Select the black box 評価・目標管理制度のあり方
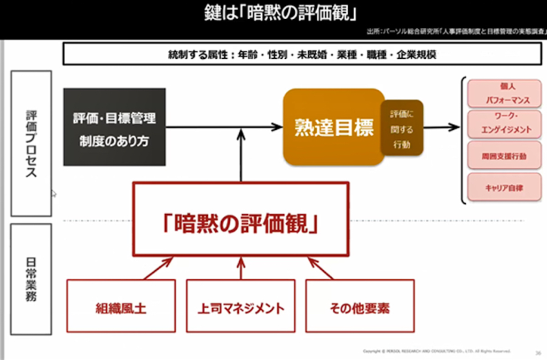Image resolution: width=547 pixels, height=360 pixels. pos(114,127)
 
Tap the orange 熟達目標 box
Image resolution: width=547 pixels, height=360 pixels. pos(334,127)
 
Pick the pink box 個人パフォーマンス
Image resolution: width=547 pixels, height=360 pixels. pos(500,92)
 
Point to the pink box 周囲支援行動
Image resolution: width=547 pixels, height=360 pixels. pos(500,156)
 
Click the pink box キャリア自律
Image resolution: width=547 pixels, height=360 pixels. pos(500,187)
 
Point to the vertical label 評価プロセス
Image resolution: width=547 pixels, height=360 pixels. pos(31,143)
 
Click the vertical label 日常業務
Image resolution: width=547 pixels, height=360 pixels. pos(31,279)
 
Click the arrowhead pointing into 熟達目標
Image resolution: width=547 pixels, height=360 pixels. pos(278,127)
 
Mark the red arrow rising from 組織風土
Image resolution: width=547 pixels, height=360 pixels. pos(158,268)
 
